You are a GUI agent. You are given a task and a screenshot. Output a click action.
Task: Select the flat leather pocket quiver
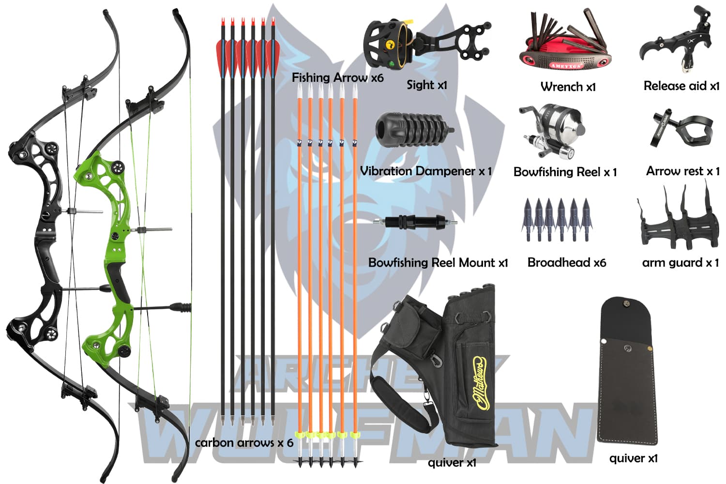[x=627, y=370]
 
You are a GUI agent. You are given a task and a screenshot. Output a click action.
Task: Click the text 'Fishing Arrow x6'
[x=337, y=77]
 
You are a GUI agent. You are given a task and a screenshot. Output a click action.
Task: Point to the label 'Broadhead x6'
[x=567, y=262]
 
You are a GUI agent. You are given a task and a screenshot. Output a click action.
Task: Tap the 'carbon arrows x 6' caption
[x=244, y=442]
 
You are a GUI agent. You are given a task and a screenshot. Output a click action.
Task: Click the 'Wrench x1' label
[x=568, y=87]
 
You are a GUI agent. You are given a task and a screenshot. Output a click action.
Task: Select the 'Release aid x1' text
[x=681, y=86]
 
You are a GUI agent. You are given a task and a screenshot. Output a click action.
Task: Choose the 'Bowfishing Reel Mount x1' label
[x=438, y=262]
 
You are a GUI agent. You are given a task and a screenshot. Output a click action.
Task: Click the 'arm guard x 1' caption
[x=680, y=262]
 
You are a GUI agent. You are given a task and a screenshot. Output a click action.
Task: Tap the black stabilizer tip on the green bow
[x=181, y=307]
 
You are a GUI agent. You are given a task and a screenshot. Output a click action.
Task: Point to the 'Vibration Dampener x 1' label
[x=425, y=171]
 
